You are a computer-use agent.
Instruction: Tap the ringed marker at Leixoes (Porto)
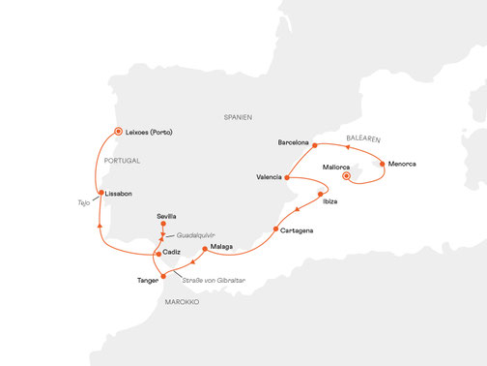coord(118,132)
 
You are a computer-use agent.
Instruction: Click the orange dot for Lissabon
coord(99,193)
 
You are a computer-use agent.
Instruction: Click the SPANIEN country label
coord(236,117)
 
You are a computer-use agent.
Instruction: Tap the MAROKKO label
coord(181,302)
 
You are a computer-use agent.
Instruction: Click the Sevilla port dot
coord(163,227)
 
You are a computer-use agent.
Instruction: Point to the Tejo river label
coord(84,203)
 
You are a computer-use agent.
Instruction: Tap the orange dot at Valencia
coord(287,177)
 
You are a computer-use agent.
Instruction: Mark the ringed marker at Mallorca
coord(347,177)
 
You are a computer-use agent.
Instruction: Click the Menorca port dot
coord(383,163)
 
